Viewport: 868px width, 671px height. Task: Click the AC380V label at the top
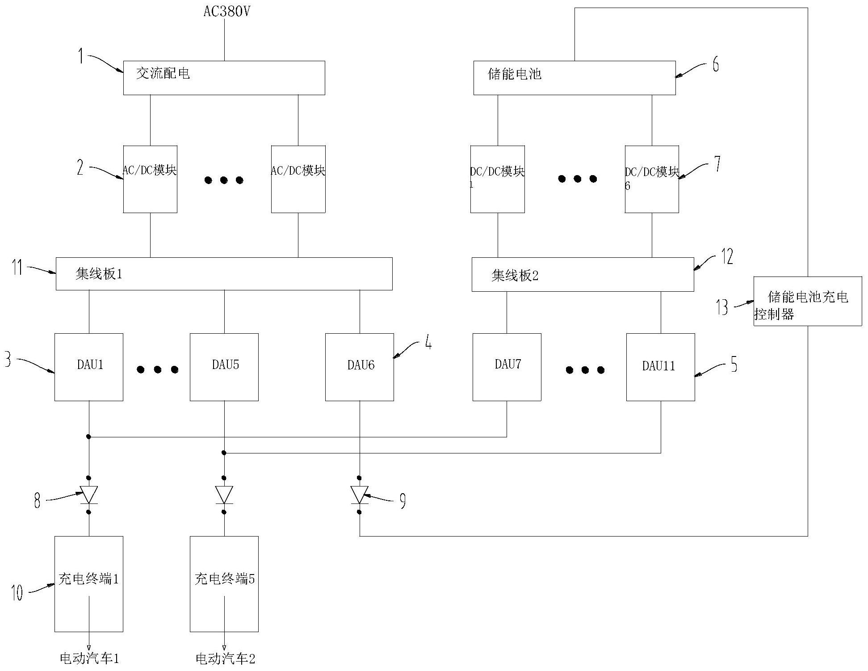[226, 11]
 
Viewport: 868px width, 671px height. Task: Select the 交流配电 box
[224, 78]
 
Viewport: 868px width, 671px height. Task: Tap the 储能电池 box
[574, 78]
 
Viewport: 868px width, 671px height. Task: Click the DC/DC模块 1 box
[497, 179]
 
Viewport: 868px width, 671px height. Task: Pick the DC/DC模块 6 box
[651, 179]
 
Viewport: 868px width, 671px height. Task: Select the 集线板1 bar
[224, 273]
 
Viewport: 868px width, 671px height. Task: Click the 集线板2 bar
[583, 274]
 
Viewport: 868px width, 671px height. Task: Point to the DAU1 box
[89, 367]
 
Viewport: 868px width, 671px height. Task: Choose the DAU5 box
[224, 367]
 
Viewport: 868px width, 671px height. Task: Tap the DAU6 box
[359, 367]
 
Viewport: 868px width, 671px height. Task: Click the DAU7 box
[507, 367]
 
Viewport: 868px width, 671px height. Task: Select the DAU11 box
[660, 367]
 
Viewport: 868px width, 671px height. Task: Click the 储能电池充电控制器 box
[807, 301]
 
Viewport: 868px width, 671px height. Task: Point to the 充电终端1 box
[89, 583]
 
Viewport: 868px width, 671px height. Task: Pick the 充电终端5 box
[224, 583]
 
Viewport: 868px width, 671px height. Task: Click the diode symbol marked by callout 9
[359, 495]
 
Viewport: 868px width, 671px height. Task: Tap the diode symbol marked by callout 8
[89, 495]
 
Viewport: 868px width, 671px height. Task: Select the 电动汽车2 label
[225, 658]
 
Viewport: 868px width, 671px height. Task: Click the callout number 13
[722, 307]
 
